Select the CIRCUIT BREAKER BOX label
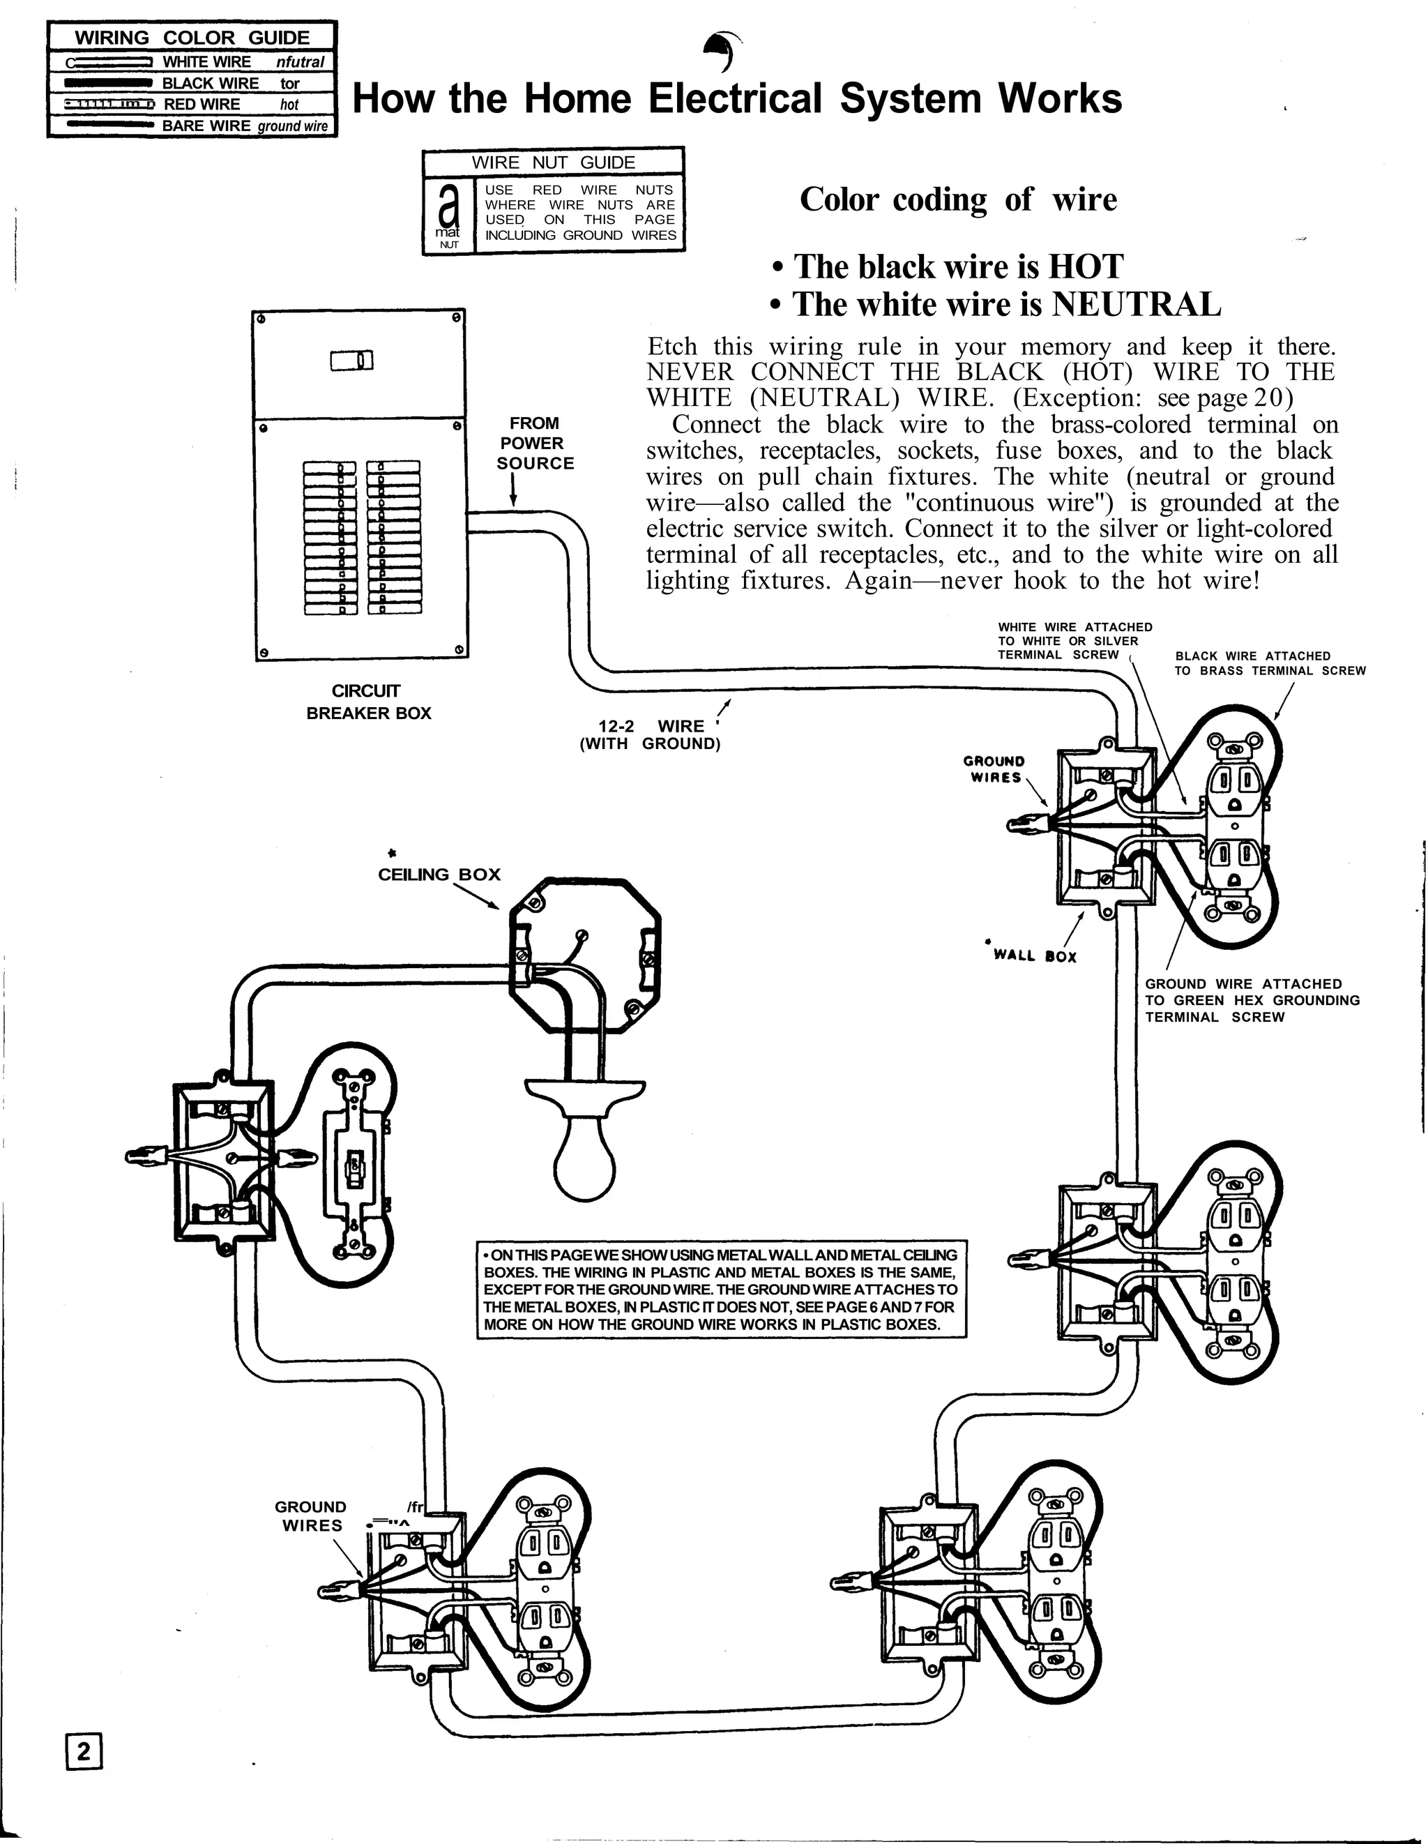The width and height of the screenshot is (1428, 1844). [x=368, y=702]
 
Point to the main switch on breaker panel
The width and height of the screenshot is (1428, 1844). [x=352, y=361]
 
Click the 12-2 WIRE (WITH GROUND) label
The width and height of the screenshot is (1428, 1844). [x=650, y=734]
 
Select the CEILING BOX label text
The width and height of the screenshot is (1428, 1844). [x=439, y=875]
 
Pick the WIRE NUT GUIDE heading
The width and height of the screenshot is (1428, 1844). [x=553, y=162]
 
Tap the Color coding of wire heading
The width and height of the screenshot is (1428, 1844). [x=958, y=200]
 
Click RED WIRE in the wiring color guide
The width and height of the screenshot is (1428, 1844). [x=201, y=105]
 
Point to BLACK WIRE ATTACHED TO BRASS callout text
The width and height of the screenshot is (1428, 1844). [x=1268, y=663]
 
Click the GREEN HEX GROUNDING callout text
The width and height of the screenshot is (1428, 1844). [x=1252, y=1001]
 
